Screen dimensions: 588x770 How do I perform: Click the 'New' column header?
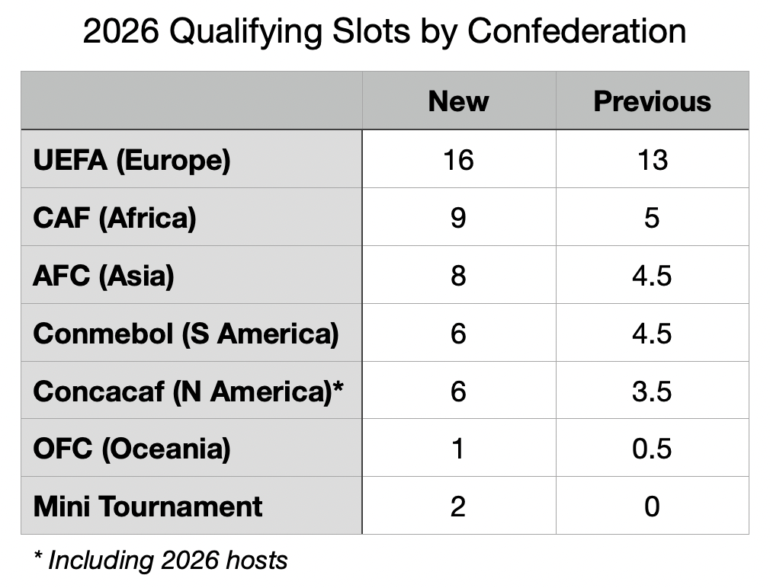(458, 101)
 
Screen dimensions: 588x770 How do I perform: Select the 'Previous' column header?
(652, 101)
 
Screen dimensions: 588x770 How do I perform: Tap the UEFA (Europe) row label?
(132, 161)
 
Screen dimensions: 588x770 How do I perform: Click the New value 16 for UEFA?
(458, 160)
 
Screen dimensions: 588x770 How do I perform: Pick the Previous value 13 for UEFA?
(652, 160)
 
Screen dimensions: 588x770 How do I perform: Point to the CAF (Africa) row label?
(115, 219)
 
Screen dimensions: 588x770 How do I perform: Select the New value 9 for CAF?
(458, 218)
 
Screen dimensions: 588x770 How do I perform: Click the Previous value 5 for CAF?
(652, 218)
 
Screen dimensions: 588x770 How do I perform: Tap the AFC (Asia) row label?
(104, 276)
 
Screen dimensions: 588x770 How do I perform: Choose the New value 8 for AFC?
(458, 276)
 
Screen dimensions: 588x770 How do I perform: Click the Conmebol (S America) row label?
(186, 334)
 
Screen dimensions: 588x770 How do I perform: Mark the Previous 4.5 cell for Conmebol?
(652, 334)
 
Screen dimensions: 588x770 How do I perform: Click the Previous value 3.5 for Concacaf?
(652, 391)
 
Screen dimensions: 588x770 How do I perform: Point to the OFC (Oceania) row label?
(132, 449)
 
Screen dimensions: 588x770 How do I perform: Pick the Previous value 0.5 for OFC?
(652, 449)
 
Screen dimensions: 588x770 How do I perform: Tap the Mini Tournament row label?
(148, 507)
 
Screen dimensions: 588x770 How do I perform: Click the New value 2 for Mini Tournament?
(458, 507)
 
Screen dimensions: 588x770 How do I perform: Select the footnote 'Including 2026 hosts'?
(168, 561)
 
